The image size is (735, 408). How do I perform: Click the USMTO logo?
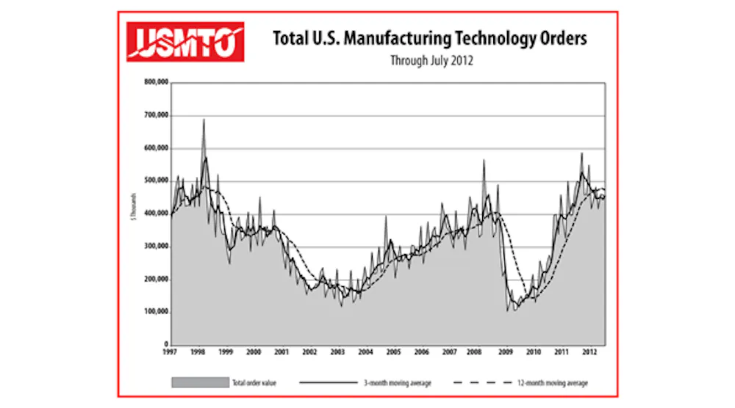coord(184,41)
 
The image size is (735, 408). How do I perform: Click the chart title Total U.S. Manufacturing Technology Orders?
coord(430,39)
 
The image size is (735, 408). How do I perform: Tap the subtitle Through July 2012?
coord(431,62)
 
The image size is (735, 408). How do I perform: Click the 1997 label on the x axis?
coord(171,353)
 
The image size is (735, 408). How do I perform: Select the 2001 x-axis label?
coord(282,353)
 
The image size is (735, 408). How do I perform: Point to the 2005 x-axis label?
coord(392,353)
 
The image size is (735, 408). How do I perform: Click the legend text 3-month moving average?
coord(400,382)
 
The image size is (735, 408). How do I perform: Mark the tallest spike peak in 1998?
coord(204,119)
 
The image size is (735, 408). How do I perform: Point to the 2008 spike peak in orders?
coord(484,159)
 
